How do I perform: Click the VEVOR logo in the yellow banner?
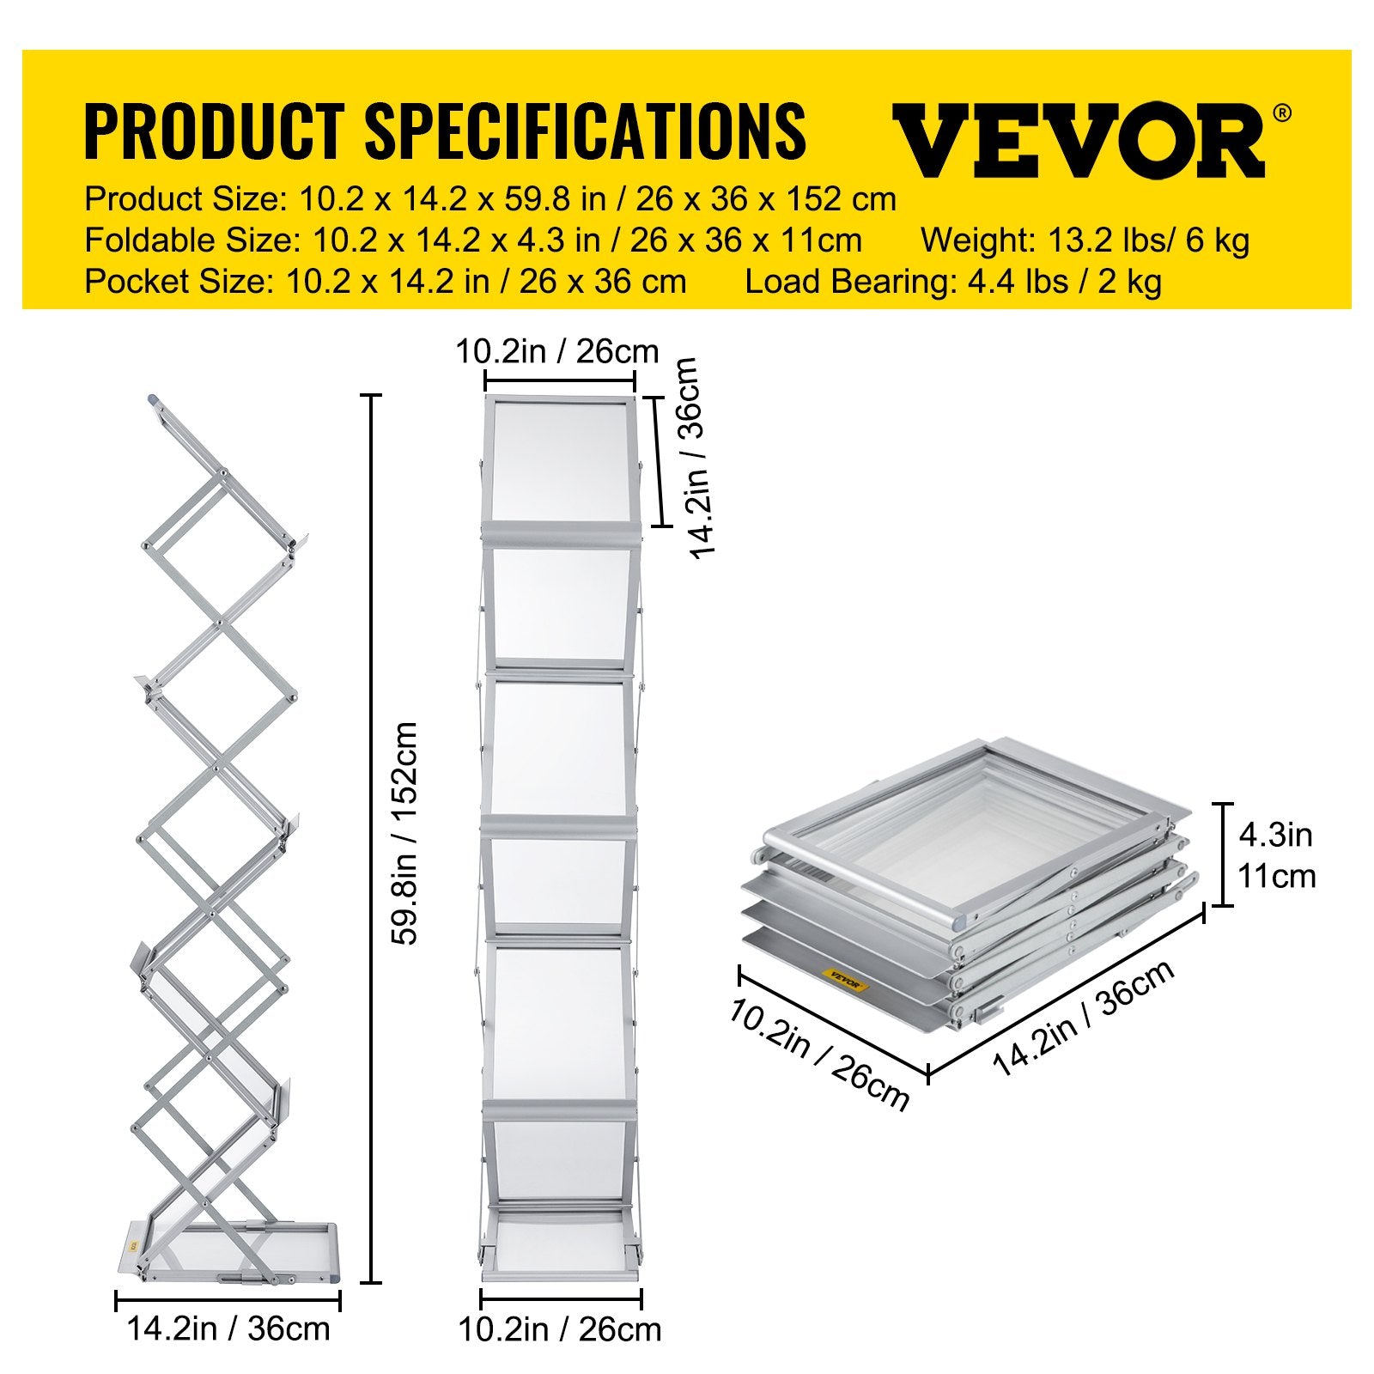pos(1079,140)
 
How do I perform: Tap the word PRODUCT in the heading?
pos(214,131)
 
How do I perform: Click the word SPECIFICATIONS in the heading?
pos(585,131)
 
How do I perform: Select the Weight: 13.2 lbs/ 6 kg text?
pos(1085,240)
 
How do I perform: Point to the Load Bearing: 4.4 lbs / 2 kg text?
pos(953,282)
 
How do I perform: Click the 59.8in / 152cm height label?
pos(404,833)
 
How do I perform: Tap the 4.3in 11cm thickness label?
pos(1276,855)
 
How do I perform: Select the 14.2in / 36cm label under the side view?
pos(228,1328)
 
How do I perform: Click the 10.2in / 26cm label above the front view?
pos(557,351)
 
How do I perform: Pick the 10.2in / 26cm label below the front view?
pos(560,1329)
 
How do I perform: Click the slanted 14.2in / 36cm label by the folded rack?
pos(1084,1018)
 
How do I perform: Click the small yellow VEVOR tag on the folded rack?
pos(845,979)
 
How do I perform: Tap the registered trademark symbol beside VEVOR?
pos(1280,112)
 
